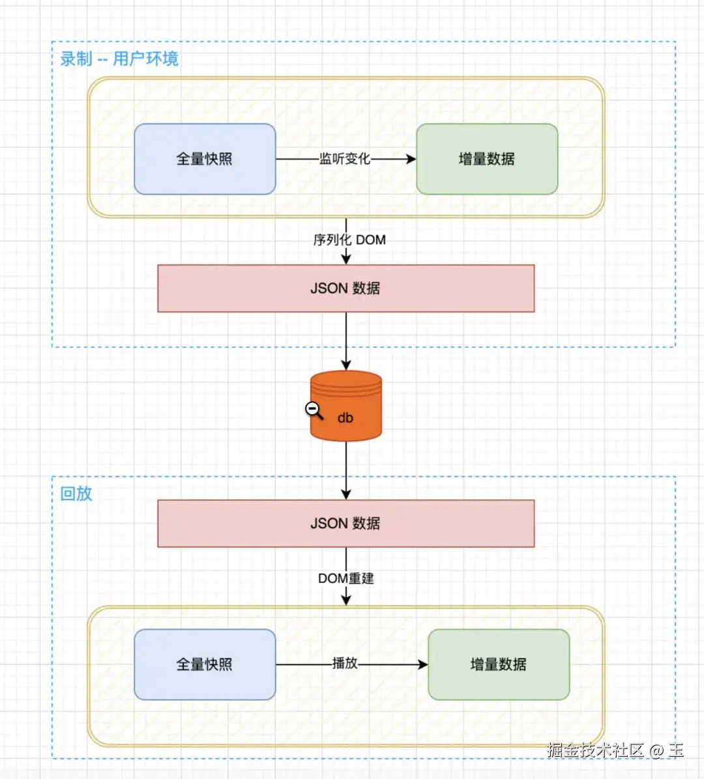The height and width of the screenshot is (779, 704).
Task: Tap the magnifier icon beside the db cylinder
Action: tap(314, 410)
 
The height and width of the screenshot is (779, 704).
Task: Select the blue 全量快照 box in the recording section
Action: tap(205, 159)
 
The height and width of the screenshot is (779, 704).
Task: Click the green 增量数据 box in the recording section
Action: tap(487, 159)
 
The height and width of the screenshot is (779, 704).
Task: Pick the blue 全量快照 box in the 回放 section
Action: tap(205, 664)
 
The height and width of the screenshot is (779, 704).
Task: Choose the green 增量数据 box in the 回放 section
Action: tap(499, 664)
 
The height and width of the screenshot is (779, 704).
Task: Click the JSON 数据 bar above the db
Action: tap(345, 288)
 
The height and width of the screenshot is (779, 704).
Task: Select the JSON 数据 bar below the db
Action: tap(345, 523)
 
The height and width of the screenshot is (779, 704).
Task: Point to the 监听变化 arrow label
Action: tap(344, 159)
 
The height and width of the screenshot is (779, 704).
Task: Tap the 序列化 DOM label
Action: tap(349, 240)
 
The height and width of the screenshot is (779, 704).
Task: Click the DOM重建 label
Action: tap(345, 578)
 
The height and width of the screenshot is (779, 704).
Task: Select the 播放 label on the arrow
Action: tap(345, 663)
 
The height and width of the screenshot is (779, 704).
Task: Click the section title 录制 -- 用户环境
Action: tap(119, 59)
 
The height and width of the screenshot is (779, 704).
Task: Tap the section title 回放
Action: tap(76, 493)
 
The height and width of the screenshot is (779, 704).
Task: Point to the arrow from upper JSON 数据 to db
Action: tap(345, 339)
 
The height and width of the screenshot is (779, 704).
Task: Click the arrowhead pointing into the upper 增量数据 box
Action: tap(411, 159)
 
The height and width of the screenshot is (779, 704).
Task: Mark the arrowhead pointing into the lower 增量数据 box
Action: tap(422, 664)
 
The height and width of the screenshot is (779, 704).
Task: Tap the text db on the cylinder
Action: tap(345, 418)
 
